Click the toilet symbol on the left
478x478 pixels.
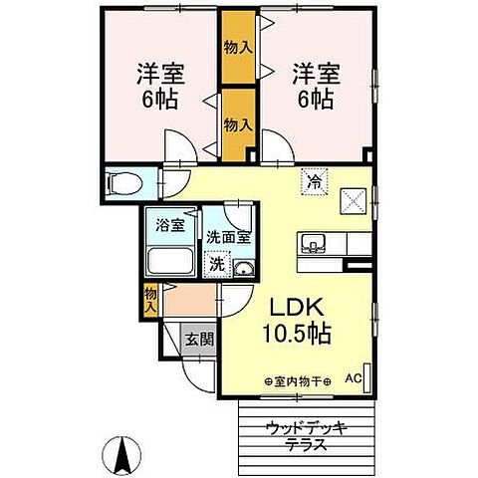point(121,183)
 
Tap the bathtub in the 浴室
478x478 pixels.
point(170,263)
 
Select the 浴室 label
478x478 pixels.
point(171,225)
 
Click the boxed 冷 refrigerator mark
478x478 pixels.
point(313,183)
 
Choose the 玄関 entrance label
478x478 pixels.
point(196,339)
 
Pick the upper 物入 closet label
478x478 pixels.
point(235,47)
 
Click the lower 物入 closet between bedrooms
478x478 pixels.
point(235,125)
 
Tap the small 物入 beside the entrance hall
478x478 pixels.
point(150,298)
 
